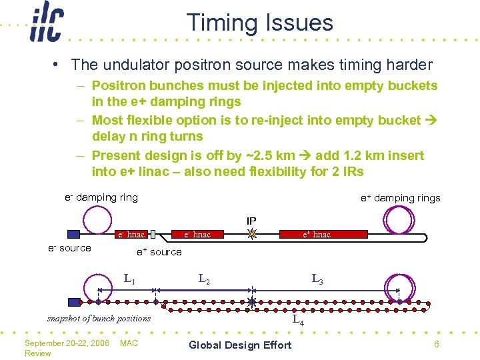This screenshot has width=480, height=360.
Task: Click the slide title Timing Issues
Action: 259,22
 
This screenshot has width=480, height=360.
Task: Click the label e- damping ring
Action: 101,197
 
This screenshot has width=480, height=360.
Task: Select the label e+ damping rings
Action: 400,198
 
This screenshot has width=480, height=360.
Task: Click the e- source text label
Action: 69,248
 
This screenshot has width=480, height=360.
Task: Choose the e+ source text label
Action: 159,252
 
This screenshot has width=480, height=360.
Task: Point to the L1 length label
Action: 129,279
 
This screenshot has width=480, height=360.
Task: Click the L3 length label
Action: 317,279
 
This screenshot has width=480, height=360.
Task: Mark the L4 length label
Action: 298,321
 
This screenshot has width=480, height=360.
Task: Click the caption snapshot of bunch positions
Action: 99,318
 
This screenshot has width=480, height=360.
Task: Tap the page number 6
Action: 436,344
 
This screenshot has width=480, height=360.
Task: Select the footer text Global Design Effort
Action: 240,345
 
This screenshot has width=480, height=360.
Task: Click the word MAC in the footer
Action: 128,343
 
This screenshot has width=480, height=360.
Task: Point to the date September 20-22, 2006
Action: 67,343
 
